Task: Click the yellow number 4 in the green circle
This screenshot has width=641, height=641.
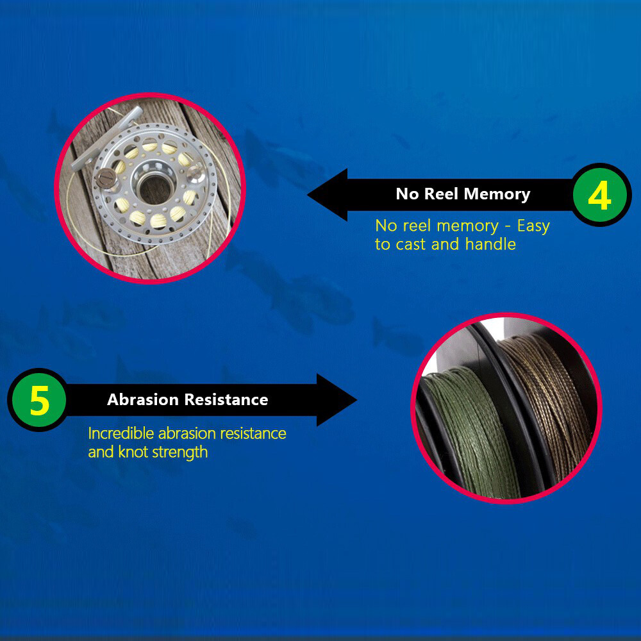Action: click(599, 196)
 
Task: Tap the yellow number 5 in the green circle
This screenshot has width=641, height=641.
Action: click(40, 401)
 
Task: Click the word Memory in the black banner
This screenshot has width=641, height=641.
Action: click(497, 194)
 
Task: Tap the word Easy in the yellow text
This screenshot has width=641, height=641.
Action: click(533, 226)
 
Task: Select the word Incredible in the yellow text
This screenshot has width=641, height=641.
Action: click(121, 433)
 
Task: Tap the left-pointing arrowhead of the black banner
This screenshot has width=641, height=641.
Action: click(328, 195)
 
